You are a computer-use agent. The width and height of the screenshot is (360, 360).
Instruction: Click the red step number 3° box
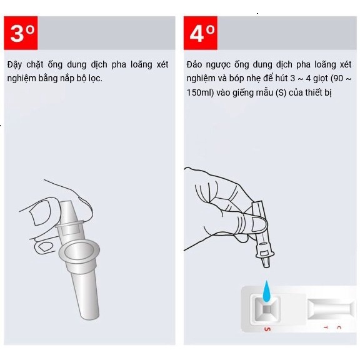click(21, 33)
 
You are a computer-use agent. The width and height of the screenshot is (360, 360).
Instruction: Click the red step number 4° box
click(201, 33)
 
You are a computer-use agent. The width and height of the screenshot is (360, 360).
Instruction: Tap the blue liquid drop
click(266, 291)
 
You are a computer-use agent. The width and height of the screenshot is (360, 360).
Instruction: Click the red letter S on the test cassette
click(267, 329)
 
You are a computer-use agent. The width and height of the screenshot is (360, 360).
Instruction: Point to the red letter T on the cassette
click(326, 327)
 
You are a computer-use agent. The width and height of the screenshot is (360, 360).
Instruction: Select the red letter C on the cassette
click(339, 327)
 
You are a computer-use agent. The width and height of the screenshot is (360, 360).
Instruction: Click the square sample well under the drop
click(266, 309)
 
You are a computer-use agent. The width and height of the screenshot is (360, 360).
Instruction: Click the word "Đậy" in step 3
click(14, 65)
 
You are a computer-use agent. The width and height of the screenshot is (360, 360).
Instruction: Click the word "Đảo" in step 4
click(194, 64)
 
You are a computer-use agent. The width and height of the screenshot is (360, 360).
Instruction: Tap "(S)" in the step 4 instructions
click(281, 92)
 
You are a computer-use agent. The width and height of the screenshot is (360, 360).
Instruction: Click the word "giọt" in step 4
click(321, 79)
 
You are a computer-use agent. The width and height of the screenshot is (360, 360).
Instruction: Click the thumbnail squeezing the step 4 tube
click(259, 223)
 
